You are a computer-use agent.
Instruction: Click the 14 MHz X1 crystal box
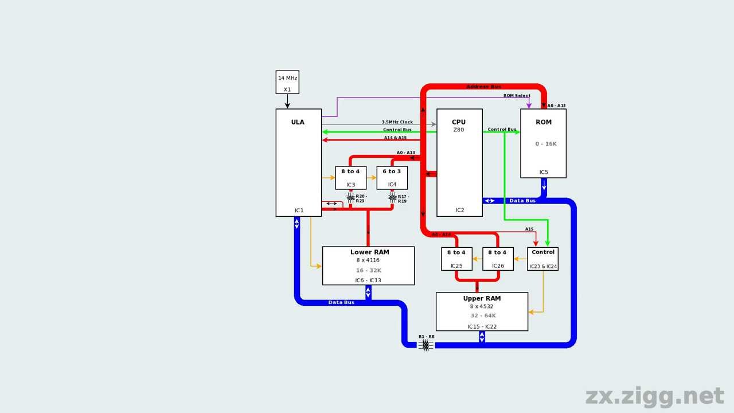tap(287, 82)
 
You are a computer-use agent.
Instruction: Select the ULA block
tap(298, 163)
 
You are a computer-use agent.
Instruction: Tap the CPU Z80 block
tap(459, 163)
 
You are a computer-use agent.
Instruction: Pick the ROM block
tap(543, 143)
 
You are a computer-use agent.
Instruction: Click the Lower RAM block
tap(368, 266)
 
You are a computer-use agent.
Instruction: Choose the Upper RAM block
tap(482, 311)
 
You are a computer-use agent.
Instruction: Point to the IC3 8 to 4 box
tap(350, 178)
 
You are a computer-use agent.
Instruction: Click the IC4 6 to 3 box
tap(392, 178)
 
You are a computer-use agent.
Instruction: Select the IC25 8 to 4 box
tap(456, 259)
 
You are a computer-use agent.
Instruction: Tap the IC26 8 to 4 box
tap(497, 259)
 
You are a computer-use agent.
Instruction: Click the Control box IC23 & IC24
tap(542, 259)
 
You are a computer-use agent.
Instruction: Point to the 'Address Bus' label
tap(483, 87)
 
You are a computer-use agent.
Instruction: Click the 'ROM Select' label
tap(517, 96)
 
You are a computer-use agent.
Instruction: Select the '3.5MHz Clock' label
tap(397, 122)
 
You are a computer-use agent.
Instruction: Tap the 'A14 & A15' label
tap(395, 138)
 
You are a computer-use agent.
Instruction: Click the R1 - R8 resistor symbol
tap(425, 345)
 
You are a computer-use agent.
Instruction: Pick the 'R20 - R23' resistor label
tap(361, 198)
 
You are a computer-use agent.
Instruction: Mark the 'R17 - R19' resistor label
tap(403, 198)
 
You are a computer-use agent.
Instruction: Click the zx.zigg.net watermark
tap(654, 396)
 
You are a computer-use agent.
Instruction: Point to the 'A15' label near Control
tap(529, 229)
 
